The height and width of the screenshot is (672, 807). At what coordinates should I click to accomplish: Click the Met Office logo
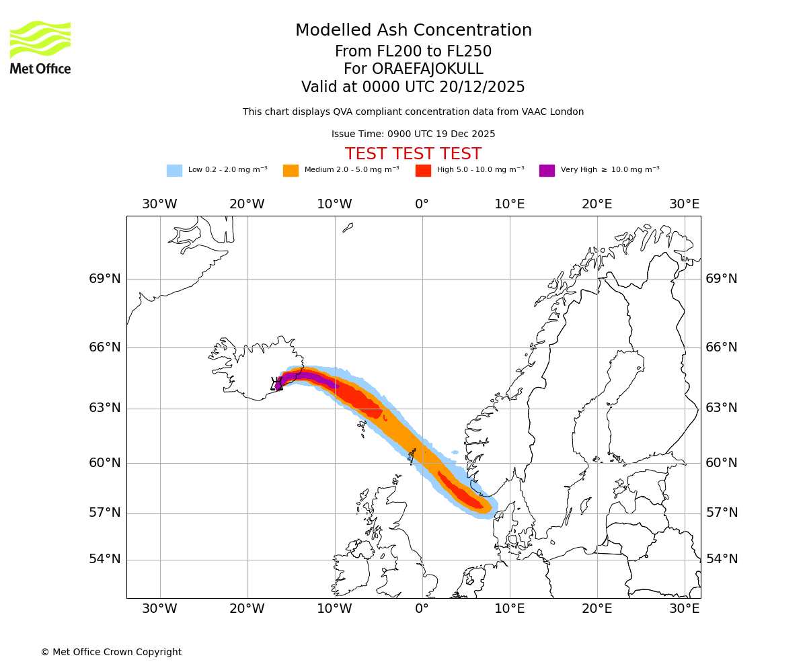coord(40,47)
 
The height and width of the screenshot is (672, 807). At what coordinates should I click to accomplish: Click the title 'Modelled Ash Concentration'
coord(413,30)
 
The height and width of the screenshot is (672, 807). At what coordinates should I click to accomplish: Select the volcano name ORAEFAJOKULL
coord(413,69)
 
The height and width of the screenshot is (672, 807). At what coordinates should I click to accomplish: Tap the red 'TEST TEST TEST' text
coord(413,154)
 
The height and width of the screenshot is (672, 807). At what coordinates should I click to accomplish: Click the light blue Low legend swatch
coord(174,171)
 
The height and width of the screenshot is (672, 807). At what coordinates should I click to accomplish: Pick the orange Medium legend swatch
coord(291,171)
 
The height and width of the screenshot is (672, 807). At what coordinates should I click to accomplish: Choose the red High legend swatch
coord(423,171)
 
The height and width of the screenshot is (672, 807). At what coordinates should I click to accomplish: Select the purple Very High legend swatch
coord(547,171)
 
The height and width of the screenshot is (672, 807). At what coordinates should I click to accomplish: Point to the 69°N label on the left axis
coord(105,279)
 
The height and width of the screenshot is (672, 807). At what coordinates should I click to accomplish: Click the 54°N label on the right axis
coord(722,559)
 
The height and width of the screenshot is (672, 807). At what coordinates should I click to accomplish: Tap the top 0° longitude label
coord(422,204)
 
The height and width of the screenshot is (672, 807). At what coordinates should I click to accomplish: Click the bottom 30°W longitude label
coord(159,609)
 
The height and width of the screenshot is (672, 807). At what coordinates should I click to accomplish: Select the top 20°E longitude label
coord(597,204)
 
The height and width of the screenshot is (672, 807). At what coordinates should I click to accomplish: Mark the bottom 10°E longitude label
coord(509,609)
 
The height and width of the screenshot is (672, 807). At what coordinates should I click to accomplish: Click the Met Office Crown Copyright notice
coord(111,652)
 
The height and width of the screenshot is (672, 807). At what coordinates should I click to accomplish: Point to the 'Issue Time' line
coord(413,134)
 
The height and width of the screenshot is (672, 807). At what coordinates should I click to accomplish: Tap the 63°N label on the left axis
coord(105,408)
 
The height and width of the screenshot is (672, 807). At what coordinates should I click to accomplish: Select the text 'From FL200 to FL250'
coord(413,52)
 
